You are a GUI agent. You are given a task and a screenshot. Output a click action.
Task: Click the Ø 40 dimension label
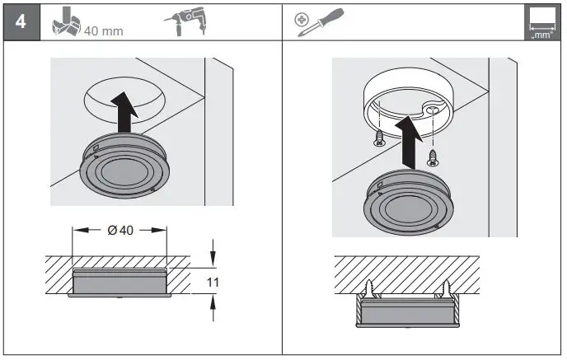point(120,230)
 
